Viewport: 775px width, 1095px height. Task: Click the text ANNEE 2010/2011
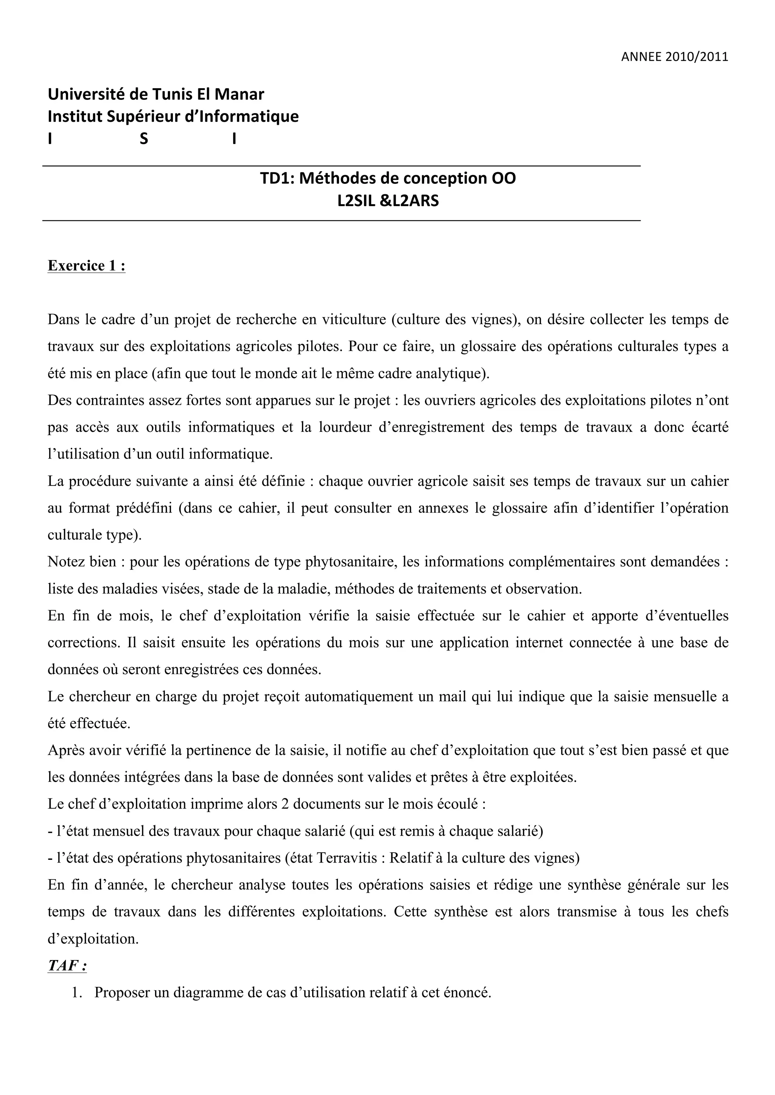point(674,57)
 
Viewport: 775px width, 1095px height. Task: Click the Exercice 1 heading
point(86,266)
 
